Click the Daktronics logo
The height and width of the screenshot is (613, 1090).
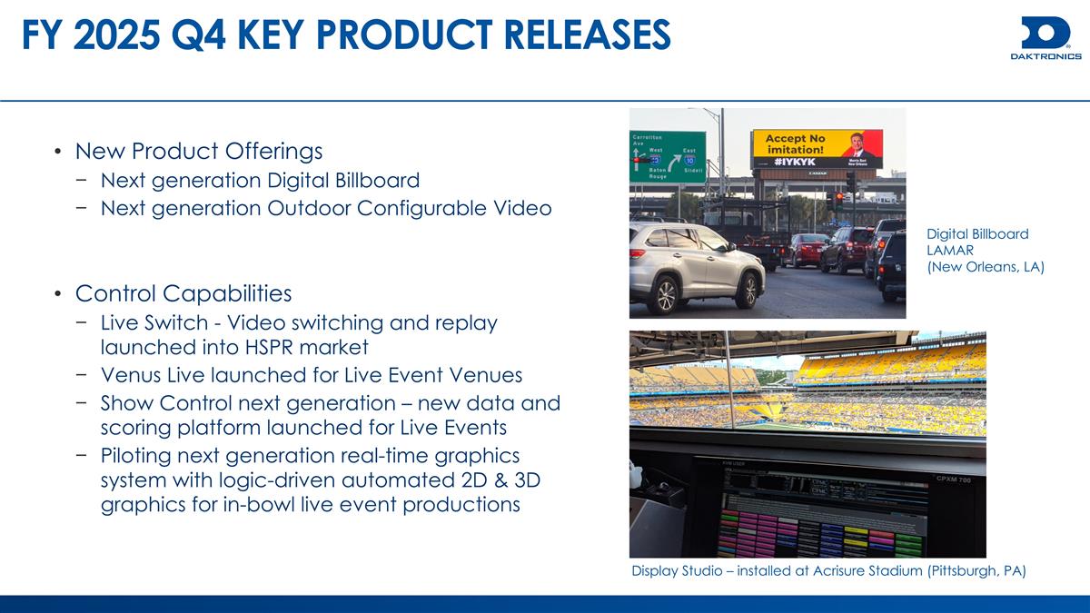coord(1045,37)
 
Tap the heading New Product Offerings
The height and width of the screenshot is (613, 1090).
coord(199,150)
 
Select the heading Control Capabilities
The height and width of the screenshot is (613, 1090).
coord(183,293)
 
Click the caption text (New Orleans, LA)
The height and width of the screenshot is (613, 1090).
coord(985,267)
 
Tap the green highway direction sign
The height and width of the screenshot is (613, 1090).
coord(668,156)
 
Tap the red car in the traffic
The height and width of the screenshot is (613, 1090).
coord(805,250)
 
